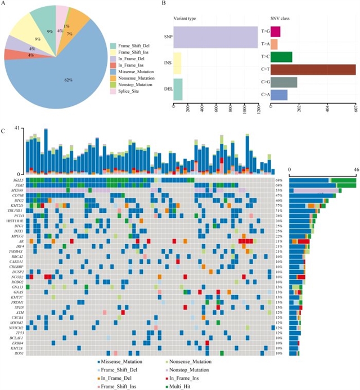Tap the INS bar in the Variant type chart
(177, 63)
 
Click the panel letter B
(163, 4)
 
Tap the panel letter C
(4, 131)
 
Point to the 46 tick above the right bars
(355, 168)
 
